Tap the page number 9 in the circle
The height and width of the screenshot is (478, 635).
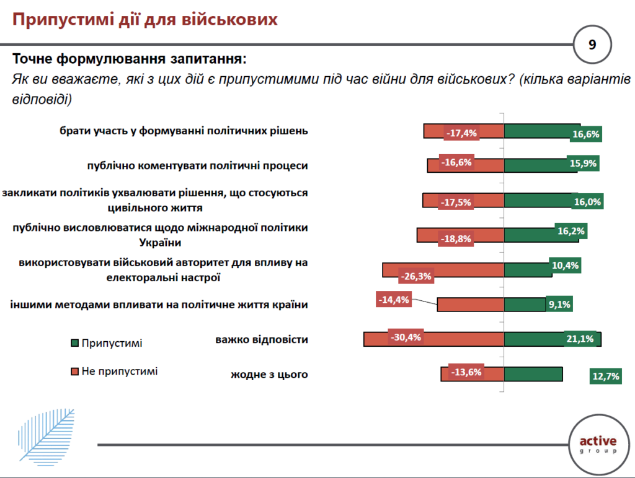(592, 45)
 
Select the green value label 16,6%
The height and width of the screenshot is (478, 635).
(586, 133)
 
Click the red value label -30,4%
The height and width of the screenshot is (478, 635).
(406, 337)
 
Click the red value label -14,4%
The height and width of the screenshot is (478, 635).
(394, 299)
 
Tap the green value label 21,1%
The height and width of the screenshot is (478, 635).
(580, 339)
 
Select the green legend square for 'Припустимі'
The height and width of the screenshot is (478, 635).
(74, 342)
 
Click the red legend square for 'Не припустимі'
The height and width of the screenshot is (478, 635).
(74, 372)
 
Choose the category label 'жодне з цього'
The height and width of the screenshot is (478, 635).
(269, 375)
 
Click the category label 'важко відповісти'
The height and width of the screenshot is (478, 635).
(262, 340)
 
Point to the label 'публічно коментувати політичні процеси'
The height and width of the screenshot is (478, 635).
(197, 166)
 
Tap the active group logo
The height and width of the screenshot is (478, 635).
(598, 444)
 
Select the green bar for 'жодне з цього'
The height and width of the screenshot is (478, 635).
(533, 375)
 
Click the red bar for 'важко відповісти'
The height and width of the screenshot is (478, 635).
(433, 339)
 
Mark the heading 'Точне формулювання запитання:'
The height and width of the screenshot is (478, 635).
(130, 60)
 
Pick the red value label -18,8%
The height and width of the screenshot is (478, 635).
(456, 238)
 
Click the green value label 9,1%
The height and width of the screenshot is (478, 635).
(559, 304)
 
